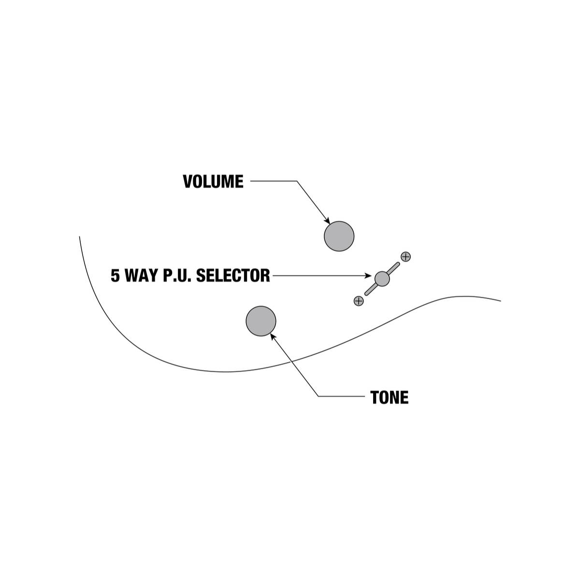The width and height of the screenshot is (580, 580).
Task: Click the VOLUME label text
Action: click(213, 181)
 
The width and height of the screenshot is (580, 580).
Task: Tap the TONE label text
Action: click(390, 397)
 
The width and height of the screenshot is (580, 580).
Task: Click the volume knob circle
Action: click(339, 236)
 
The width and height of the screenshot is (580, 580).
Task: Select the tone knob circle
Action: click(261, 321)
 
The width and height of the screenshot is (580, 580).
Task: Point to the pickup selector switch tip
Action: click(382, 279)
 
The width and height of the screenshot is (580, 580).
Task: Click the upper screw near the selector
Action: click(406, 257)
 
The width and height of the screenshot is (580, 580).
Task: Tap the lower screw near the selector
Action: click(359, 301)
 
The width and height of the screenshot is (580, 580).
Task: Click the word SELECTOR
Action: click(233, 275)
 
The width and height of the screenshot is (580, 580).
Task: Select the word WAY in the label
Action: click(142, 275)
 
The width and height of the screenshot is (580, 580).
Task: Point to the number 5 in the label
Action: click(116, 275)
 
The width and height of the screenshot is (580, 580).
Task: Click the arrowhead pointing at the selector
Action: click(368, 275)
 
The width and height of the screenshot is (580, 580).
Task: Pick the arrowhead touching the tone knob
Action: click(273, 336)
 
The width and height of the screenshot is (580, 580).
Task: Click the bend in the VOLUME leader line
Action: click(297, 181)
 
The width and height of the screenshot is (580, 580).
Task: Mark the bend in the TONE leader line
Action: click(319, 396)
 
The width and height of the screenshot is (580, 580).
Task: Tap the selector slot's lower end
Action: click(366, 294)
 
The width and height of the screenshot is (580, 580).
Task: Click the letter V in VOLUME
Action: click(188, 181)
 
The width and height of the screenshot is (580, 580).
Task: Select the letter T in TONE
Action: click(375, 397)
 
